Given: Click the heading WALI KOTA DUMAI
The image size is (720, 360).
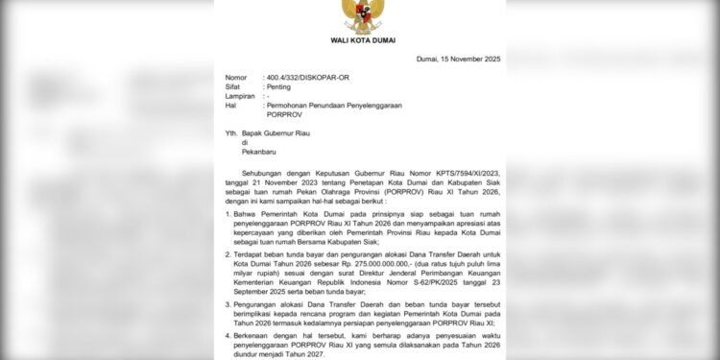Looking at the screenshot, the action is [x=359, y=38].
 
